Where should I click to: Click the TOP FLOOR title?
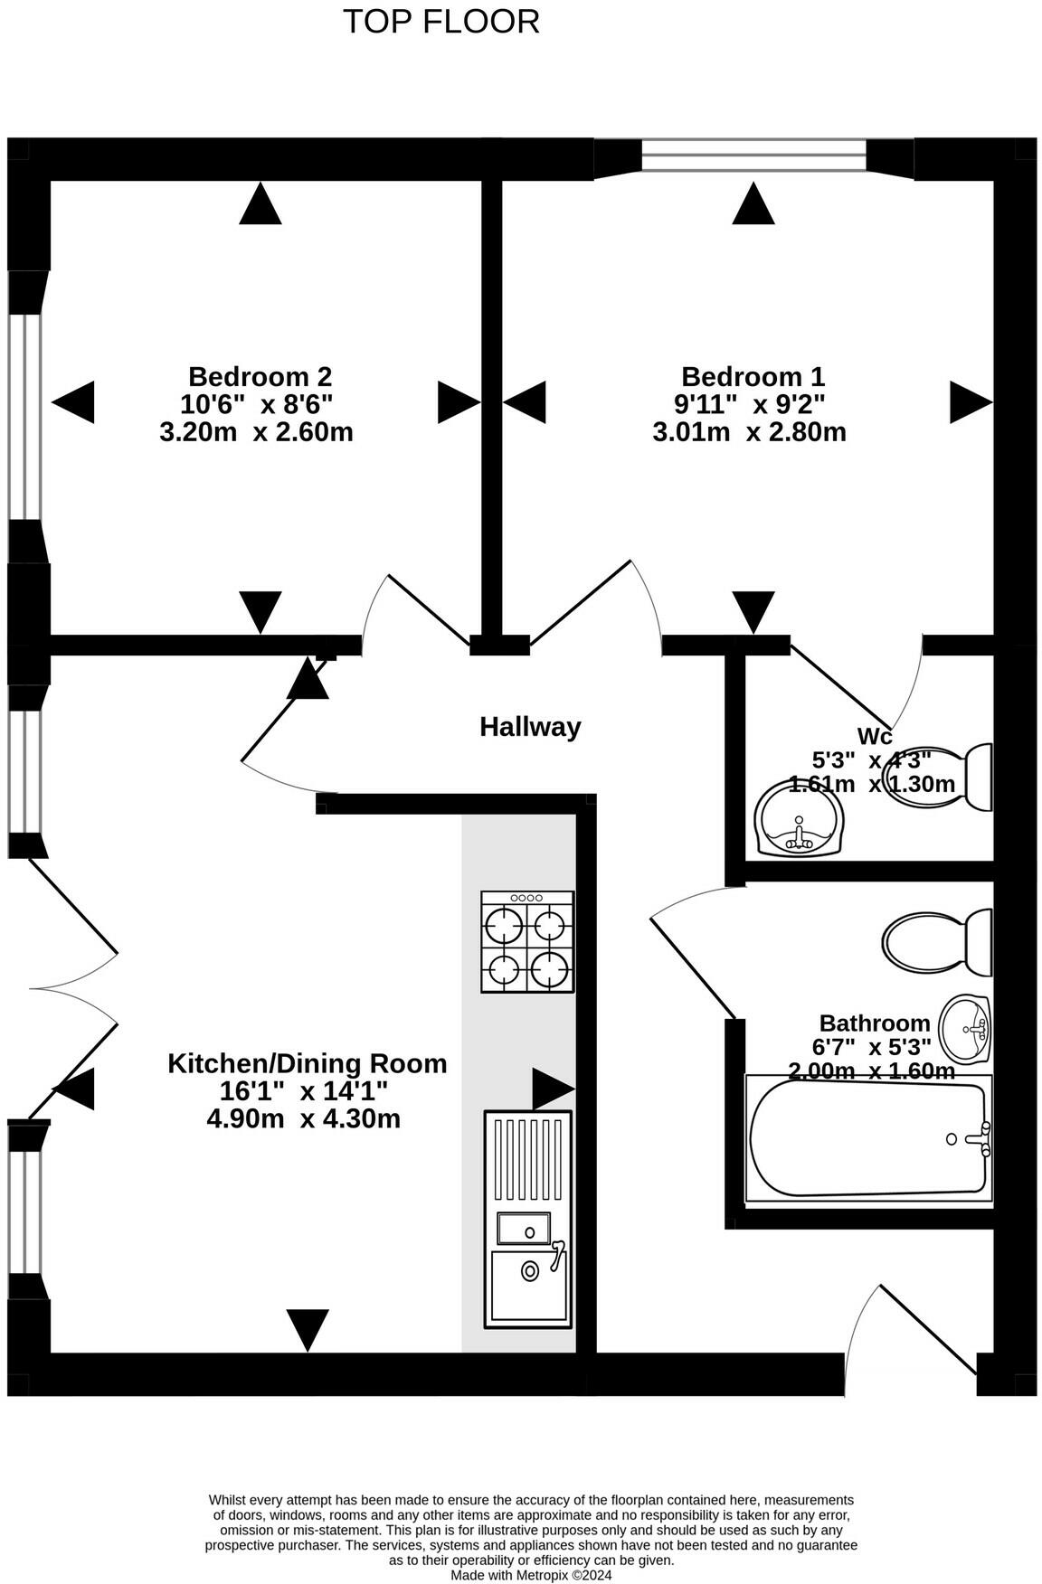(x=441, y=22)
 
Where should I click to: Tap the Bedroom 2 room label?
(x=260, y=376)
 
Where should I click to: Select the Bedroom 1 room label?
(x=753, y=376)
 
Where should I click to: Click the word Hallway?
(x=530, y=727)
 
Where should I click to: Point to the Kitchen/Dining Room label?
(x=308, y=1063)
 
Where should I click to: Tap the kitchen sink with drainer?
(x=528, y=1220)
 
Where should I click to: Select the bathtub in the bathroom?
(x=868, y=1139)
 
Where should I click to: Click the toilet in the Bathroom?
(x=937, y=941)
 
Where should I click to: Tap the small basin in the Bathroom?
(x=965, y=1029)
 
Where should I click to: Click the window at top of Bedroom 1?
(x=754, y=156)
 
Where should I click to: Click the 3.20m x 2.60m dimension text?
(x=256, y=432)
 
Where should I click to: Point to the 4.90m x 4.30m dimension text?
(x=304, y=1119)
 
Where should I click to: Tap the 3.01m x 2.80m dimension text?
(x=749, y=432)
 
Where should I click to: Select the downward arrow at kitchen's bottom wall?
(x=308, y=1329)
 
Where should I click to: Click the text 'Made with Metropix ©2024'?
(x=532, y=1575)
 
